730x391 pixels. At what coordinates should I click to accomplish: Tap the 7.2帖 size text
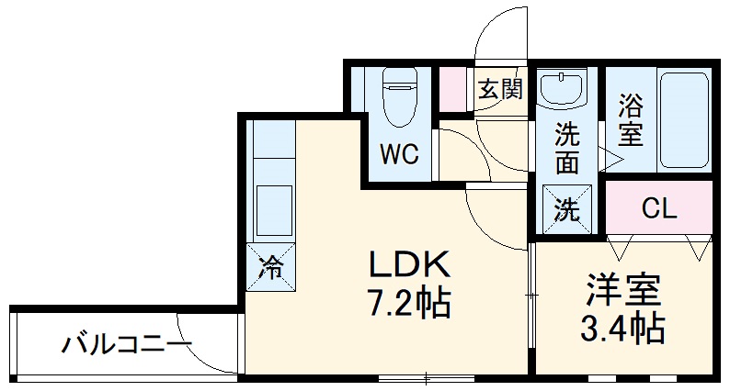[x=409, y=303]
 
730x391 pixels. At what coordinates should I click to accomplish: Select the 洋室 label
[x=623, y=292]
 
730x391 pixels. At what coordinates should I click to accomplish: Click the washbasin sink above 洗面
[x=565, y=91]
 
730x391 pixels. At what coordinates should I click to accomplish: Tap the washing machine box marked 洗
[x=566, y=209]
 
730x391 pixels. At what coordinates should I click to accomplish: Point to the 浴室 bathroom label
[x=630, y=119]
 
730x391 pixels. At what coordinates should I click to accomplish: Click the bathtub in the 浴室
[x=683, y=119]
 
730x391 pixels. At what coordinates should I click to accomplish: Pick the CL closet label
[x=658, y=209]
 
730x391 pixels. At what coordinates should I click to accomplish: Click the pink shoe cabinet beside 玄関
[x=452, y=89]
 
